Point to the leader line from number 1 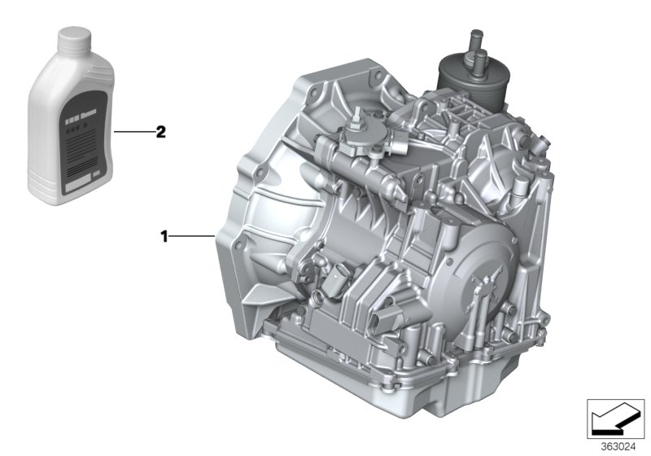pyautogui.click(x=192, y=237)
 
